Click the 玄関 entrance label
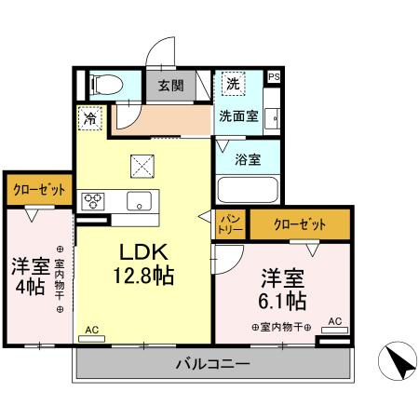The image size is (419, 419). [x=169, y=86]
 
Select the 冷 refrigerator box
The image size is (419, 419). [x=90, y=118]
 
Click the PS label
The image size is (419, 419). [x=274, y=77]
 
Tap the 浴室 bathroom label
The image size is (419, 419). [x=248, y=158]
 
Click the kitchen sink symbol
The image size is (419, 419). [x=140, y=200]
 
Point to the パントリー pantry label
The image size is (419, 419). [x=230, y=223]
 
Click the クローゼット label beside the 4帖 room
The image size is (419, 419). [x=38, y=189]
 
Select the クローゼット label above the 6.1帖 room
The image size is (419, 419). [x=299, y=224]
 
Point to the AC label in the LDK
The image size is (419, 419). [x=91, y=331]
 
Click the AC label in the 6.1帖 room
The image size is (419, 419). [x=335, y=322]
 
